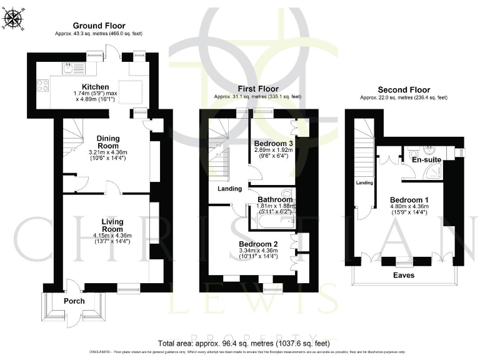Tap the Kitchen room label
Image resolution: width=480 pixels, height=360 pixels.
point(96,87)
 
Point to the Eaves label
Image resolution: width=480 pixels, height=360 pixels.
point(404,274)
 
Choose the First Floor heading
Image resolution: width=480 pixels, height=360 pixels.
point(257,89)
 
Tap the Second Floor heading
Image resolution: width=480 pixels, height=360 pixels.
point(404,89)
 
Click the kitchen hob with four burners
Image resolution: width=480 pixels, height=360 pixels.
point(44,86)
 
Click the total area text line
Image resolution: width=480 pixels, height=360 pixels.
point(244,343)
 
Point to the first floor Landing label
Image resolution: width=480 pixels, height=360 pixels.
point(230,189)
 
